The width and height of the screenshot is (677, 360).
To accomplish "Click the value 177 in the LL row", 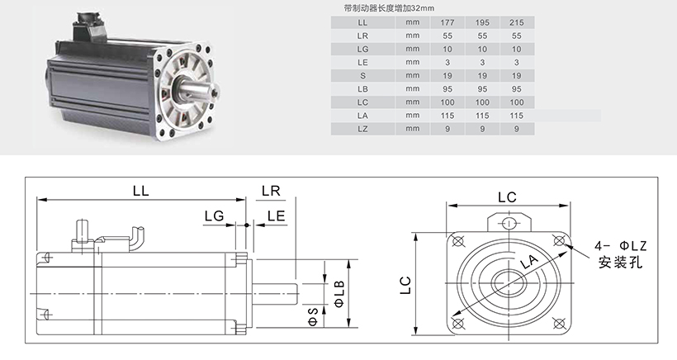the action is (x=447, y=22).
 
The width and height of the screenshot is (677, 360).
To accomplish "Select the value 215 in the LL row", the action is (x=516, y=22).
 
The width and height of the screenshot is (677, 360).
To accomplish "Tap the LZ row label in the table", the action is (x=362, y=129).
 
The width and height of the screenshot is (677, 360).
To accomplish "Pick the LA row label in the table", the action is (x=362, y=116).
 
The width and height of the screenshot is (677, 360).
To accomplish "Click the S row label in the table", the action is (x=362, y=75).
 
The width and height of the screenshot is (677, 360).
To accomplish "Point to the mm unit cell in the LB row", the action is (x=413, y=89).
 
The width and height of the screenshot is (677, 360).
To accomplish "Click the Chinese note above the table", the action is (x=389, y=8).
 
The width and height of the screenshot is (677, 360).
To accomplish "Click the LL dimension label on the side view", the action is (x=140, y=191).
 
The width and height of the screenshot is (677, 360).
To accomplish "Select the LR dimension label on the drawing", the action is (x=271, y=191).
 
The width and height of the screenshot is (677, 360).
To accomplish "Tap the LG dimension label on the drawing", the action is (x=214, y=216).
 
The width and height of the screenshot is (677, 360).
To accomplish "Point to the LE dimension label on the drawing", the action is (x=277, y=216).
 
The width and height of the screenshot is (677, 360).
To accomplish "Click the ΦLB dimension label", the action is (x=339, y=293).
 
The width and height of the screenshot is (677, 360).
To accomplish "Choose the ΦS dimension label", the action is (x=313, y=317).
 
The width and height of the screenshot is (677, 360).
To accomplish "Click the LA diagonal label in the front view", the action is (x=529, y=262).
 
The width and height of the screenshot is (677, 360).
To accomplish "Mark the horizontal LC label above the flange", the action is (x=507, y=197).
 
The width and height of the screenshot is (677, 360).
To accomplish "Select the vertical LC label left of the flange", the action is (x=405, y=286).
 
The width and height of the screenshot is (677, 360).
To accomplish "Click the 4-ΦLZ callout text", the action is (x=621, y=246).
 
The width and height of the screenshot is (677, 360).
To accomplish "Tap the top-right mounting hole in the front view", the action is (x=559, y=240).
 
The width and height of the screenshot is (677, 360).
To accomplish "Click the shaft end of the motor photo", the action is (x=215, y=92).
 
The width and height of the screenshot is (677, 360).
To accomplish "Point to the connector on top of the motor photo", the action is (x=90, y=26).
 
